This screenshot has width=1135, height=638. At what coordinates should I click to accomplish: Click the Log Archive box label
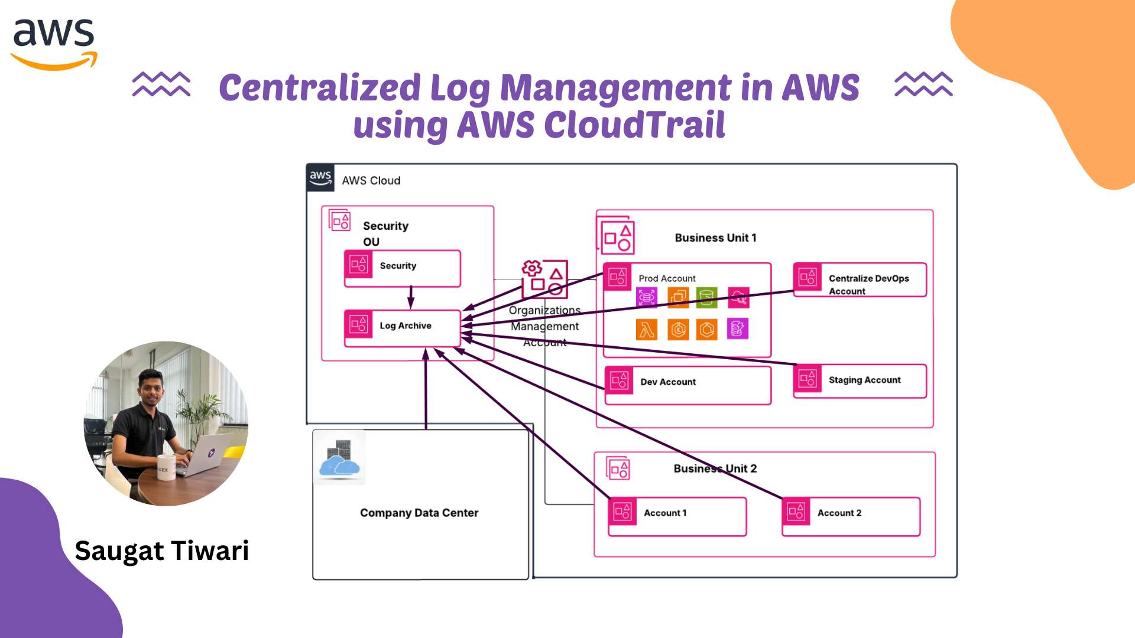[x=405, y=325]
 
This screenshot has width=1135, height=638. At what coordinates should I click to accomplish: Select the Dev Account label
[x=668, y=382]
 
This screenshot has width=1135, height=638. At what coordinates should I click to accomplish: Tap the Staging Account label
[x=864, y=380]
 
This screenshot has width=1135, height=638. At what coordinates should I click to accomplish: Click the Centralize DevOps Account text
[x=868, y=284]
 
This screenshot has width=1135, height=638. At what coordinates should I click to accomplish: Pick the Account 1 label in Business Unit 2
[x=665, y=513]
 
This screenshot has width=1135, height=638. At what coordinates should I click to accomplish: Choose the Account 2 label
[x=839, y=513]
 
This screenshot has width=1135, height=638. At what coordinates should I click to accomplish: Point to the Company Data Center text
[x=419, y=513]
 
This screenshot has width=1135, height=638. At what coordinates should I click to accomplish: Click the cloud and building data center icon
[x=339, y=458]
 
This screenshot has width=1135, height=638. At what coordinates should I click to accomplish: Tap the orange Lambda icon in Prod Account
[x=647, y=330]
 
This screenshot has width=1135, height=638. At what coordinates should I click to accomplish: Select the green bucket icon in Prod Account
[x=706, y=297]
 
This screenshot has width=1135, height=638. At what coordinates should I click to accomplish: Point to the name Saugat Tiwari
[x=162, y=551]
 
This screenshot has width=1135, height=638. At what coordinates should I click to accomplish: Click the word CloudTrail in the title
[x=634, y=125]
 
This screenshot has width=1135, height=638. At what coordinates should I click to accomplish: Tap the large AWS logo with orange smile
[x=54, y=43]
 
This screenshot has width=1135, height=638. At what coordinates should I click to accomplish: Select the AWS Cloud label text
[x=371, y=181]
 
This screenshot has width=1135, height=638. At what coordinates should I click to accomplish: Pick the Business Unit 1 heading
[x=715, y=237]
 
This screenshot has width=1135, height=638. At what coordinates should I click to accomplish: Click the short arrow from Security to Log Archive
[x=411, y=297]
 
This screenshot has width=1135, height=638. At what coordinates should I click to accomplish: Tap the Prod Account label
[x=667, y=278]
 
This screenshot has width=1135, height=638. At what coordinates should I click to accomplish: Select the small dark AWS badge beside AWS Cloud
[x=320, y=177]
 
